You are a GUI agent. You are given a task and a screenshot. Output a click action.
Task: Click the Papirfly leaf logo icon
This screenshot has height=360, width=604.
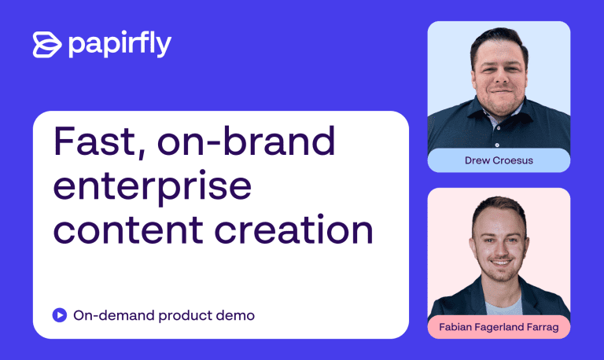pos(47,45)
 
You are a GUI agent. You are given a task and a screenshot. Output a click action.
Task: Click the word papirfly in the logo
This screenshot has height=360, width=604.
pos(120,44)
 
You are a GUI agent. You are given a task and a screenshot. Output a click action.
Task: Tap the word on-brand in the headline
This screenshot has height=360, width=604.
pos(246,141)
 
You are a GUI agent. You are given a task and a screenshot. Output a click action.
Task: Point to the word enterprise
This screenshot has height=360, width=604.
pos(152,186)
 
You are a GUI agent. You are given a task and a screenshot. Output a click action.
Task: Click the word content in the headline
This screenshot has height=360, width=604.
pos(128,230)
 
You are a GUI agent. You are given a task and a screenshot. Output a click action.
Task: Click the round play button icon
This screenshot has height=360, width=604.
pos(60,315)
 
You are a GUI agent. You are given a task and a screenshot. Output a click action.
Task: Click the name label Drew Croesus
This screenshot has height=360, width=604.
pos(499,160)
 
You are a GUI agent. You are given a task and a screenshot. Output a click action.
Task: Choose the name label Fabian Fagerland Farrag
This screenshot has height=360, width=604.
pos(499,327)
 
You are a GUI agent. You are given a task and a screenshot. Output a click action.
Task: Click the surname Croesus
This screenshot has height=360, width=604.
pos(514,160)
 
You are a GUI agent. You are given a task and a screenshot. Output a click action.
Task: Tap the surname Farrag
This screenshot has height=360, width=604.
pos(543,327)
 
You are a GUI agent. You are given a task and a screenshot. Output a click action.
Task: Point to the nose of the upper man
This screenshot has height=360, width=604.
pos(500,78)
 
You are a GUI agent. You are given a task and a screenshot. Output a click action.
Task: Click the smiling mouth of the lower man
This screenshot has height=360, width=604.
pos(501,263)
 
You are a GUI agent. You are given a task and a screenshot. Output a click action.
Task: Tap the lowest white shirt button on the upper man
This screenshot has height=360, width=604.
pos(497,145)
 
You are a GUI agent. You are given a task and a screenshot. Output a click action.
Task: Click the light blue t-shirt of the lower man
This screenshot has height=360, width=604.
pos(504,307)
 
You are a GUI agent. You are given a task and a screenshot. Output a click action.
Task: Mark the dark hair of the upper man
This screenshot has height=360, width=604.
pos(499,39)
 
